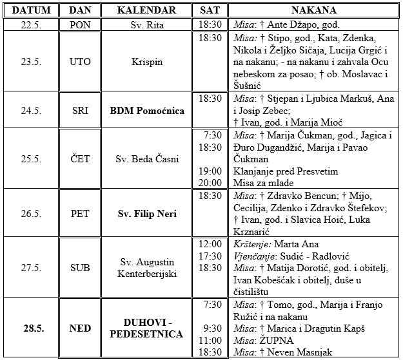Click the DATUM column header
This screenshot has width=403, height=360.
[x=30, y=11]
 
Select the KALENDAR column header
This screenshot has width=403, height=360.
[x=147, y=11]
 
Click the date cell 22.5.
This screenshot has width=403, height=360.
[x=30, y=24]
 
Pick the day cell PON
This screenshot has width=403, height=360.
[x=80, y=24]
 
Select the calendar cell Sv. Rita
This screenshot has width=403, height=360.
[x=147, y=24]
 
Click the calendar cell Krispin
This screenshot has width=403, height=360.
[x=147, y=62]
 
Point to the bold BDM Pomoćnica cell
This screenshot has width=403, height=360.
[x=147, y=110]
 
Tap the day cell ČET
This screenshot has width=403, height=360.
[x=80, y=159]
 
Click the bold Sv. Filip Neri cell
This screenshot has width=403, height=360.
[x=147, y=214]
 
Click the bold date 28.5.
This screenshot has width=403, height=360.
[x=30, y=328]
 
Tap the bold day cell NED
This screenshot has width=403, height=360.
[x=80, y=328]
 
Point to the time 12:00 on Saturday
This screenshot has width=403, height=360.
[x=211, y=244]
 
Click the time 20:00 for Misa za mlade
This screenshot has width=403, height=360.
[x=211, y=183]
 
